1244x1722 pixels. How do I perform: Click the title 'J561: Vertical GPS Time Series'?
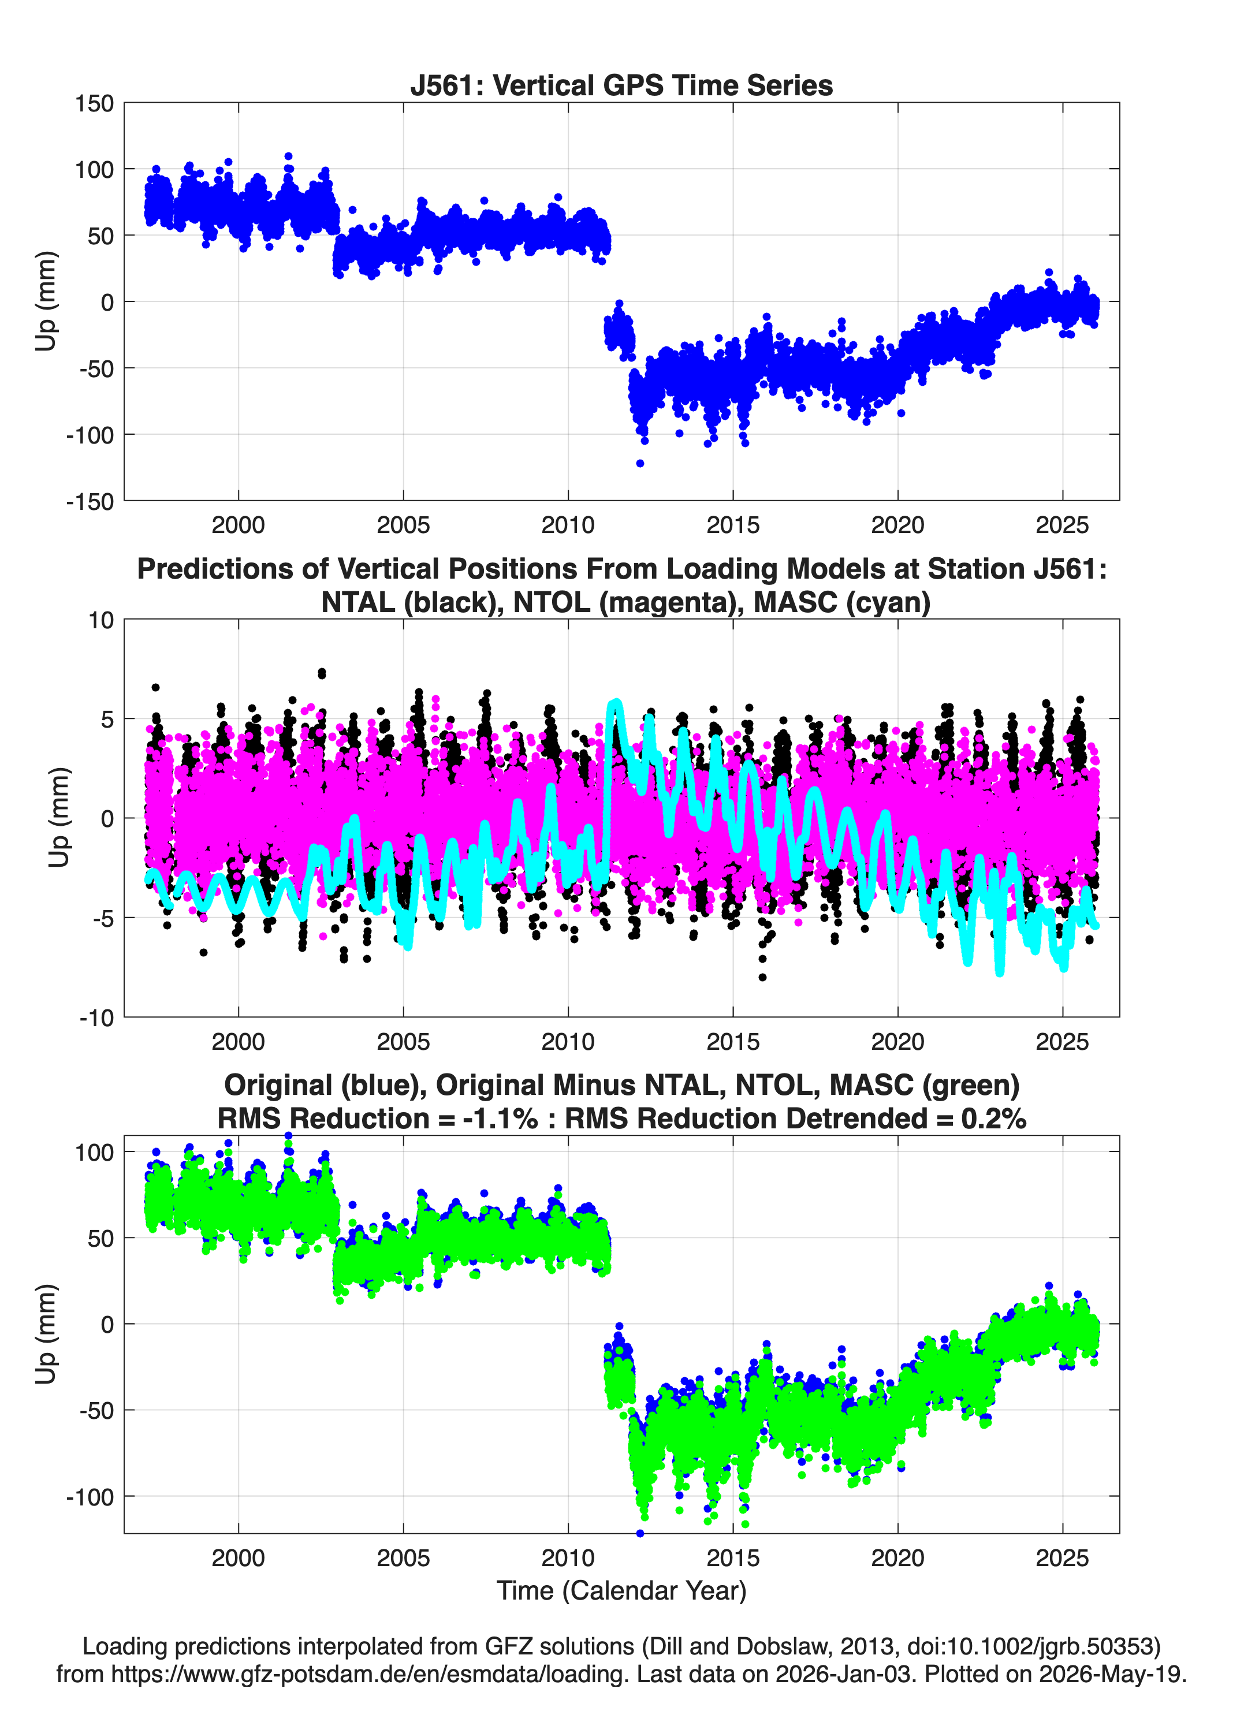(x=621, y=85)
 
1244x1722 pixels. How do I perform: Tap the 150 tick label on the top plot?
(x=94, y=103)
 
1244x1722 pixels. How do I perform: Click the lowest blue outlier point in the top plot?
(x=640, y=463)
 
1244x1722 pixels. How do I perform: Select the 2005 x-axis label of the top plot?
(x=403, y=525)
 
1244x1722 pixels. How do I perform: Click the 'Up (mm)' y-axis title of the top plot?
(x=46, y=301)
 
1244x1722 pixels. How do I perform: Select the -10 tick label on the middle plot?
(x=96, y=1018)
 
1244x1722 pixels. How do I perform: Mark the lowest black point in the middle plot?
(x=762, y=977)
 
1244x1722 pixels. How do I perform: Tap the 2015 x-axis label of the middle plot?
(x=733, y=1042)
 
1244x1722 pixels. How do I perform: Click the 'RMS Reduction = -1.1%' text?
(x=378, y=1119)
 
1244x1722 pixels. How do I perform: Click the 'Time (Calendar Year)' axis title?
(x=621, y=1590)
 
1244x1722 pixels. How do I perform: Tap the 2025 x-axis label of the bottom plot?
(x=1063, y=1558)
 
